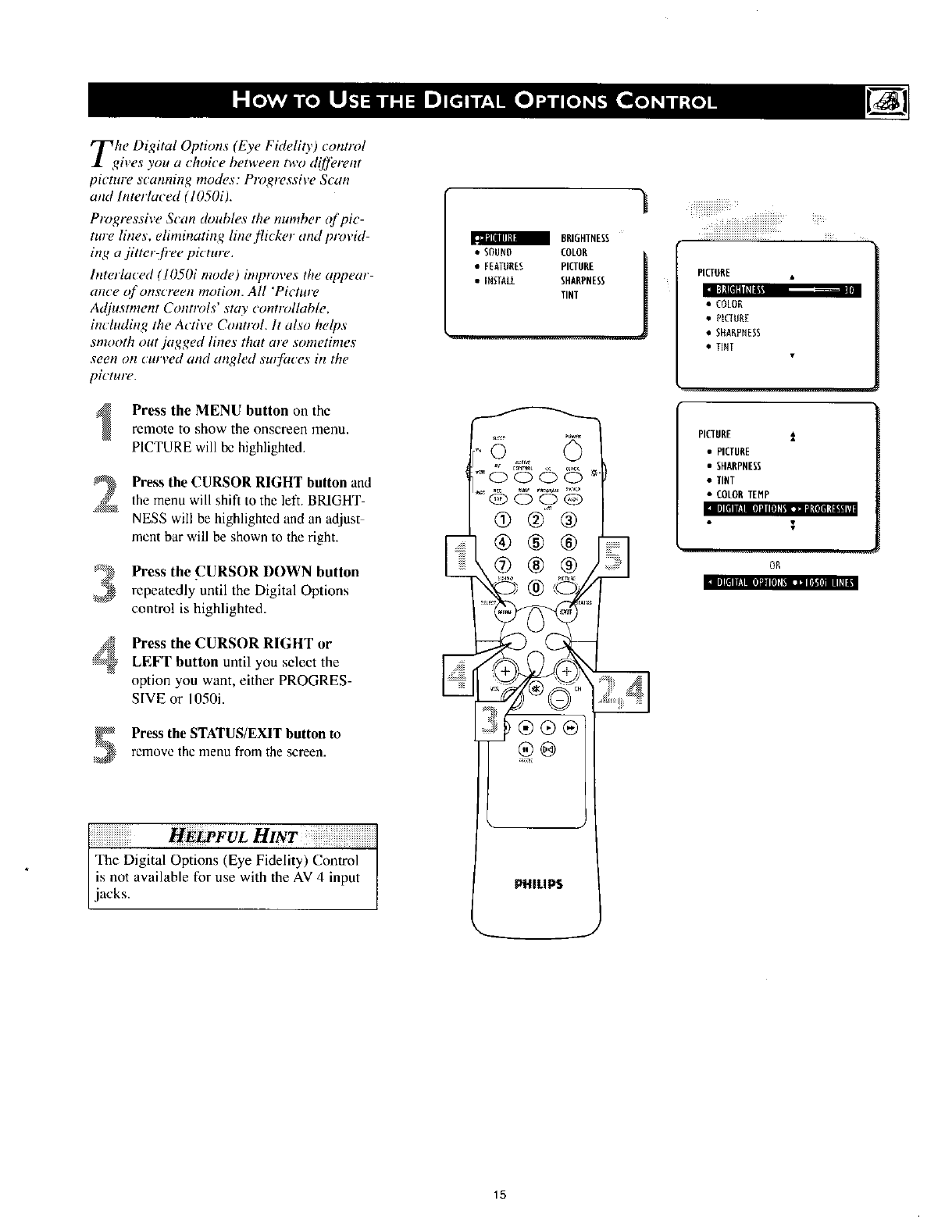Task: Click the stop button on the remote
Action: (537, 728)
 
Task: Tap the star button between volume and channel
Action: (536, 690)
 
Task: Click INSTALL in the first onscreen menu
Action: (498, 281)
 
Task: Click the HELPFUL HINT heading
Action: (233, 837)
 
